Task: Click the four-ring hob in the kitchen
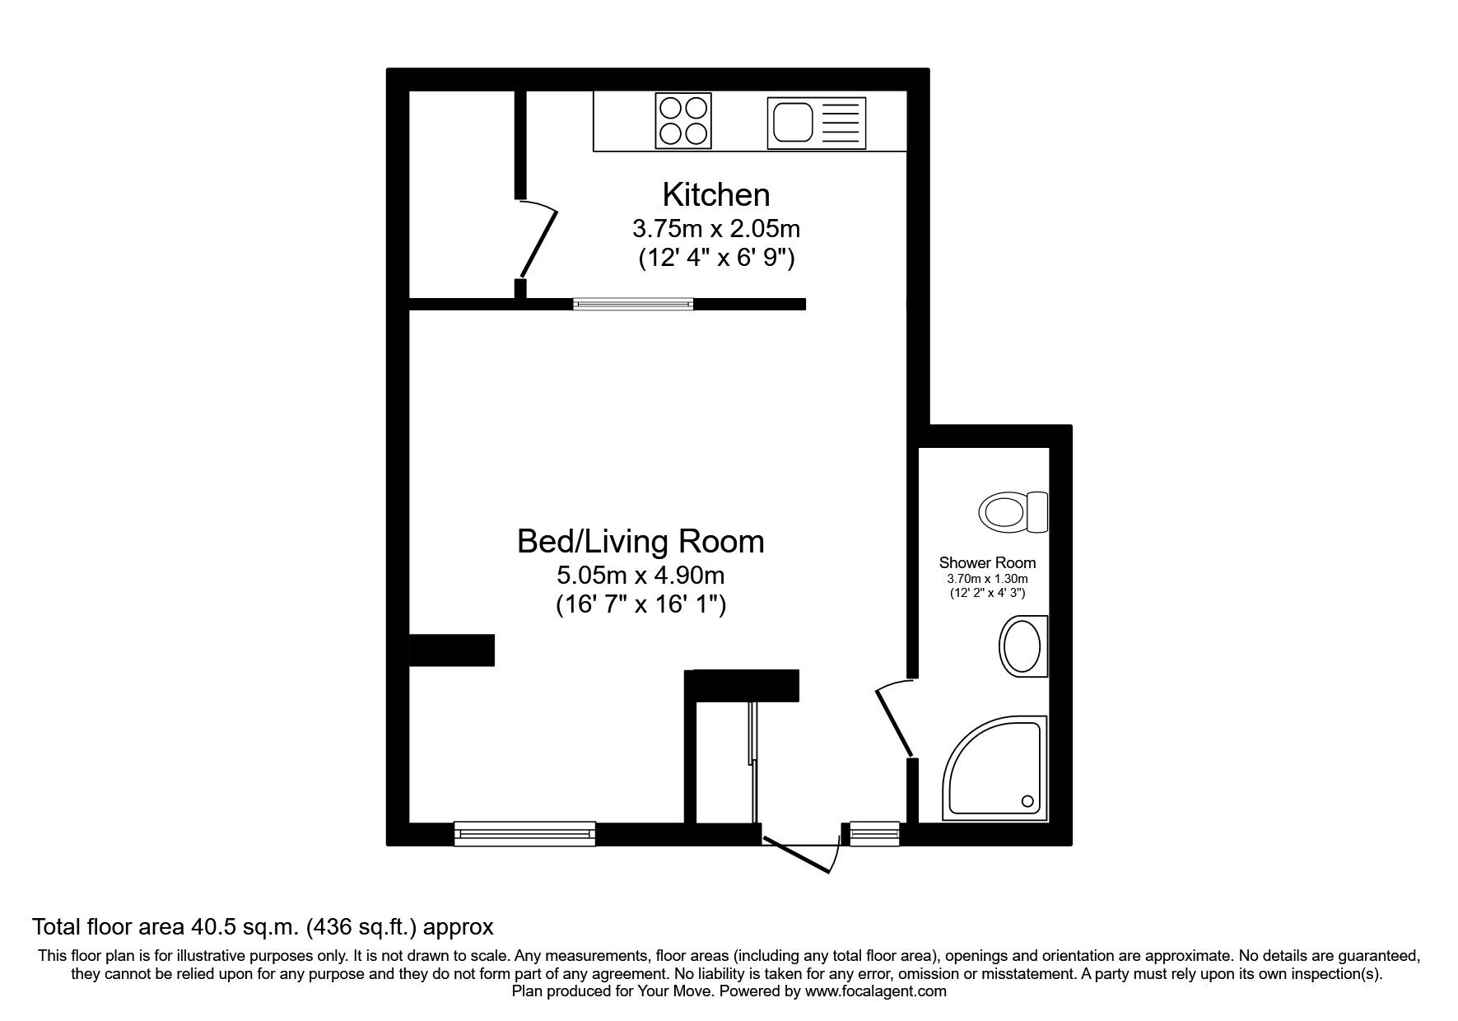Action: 683,121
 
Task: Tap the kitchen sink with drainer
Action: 816,124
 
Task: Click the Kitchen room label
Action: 716,195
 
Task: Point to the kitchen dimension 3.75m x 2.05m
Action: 716,227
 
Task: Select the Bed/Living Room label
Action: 640,542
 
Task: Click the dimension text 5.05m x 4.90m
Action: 640,575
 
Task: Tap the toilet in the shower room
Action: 1013,512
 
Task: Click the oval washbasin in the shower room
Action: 1022,646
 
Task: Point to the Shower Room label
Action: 987,563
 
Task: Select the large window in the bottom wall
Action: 524,833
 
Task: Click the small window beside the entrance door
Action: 874,833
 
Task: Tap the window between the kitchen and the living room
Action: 633,304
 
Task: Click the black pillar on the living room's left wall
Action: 452,650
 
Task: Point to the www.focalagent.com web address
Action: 876,991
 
